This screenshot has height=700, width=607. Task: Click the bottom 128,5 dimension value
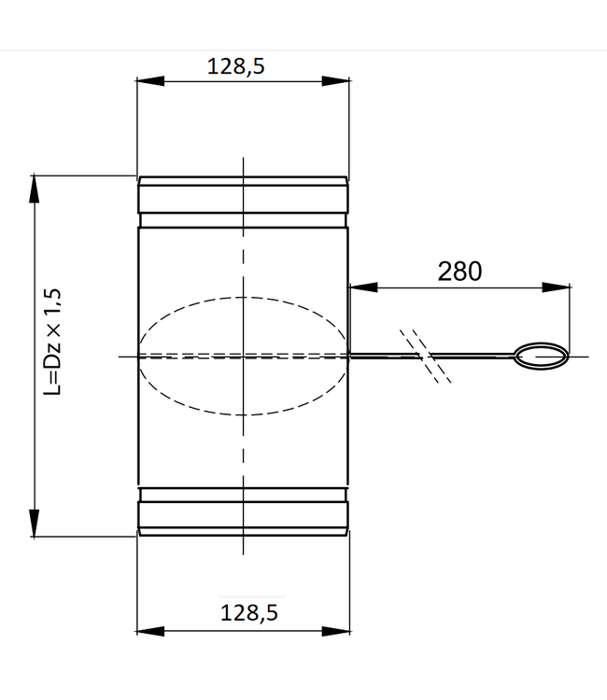coord(249,612)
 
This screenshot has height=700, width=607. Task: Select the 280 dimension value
coord(459,271)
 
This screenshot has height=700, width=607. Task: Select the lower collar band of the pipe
coord(243,513)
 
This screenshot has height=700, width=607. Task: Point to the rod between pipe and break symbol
coord(378,356)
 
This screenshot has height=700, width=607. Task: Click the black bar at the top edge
coord(303,24)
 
